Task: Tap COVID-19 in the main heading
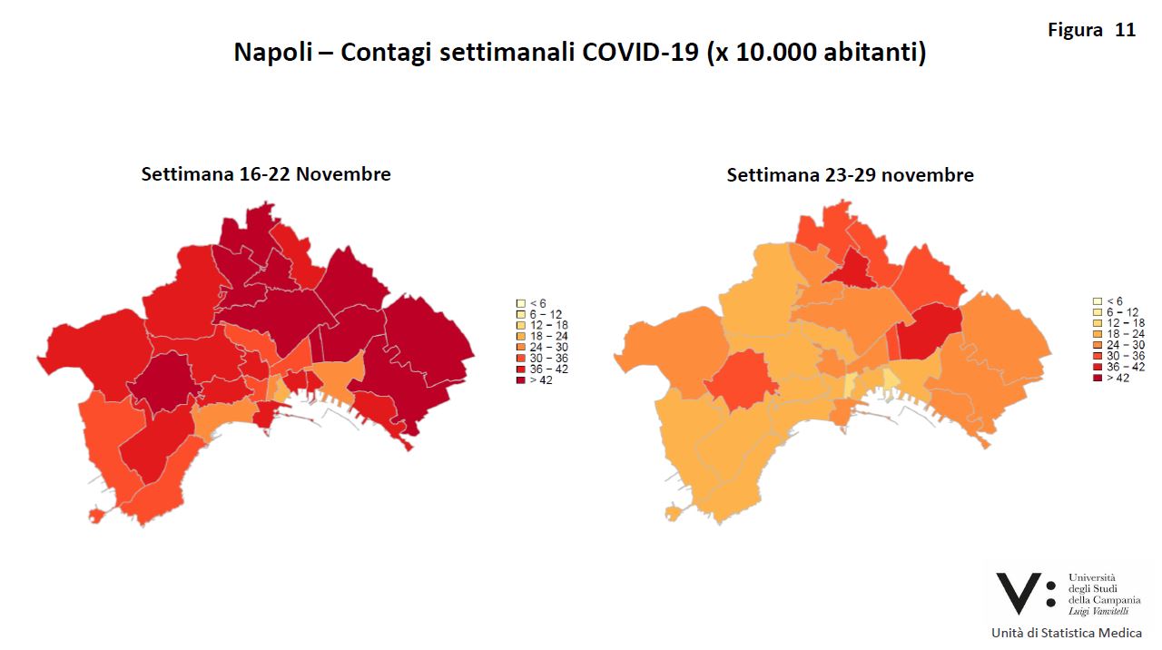point(639,52)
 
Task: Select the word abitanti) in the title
point(875,52)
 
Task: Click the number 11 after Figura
point(1125,30)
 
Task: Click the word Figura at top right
point(1075,30)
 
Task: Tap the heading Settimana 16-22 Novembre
point(266,173)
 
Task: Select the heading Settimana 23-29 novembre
point(850,175)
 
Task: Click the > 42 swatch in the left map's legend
point(520,380)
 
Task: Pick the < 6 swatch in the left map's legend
point(520,303)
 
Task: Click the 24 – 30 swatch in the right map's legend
point(1097,345)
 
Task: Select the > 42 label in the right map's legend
point(1118,378)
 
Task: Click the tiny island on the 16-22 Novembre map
point(96,516)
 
